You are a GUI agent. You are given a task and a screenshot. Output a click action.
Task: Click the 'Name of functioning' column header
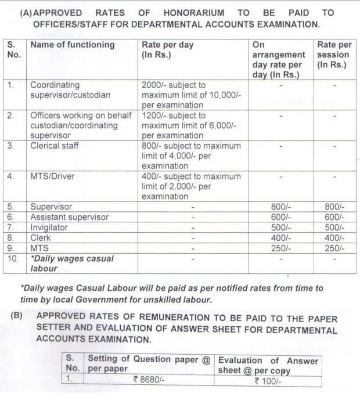click(73, 45)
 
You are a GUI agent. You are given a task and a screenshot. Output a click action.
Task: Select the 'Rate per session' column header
click(334, 55)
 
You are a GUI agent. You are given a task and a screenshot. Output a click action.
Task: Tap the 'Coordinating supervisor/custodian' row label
click(70, 89)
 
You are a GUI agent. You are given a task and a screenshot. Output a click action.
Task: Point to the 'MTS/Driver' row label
click(52, 176)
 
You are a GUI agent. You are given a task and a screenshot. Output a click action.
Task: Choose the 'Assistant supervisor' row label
click(70, 217)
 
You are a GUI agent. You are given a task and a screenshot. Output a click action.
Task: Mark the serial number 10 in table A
click(13, 259)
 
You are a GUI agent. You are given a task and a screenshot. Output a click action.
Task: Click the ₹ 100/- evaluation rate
click(268, 381)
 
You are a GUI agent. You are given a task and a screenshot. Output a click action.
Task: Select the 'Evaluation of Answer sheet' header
click(268, 365)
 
